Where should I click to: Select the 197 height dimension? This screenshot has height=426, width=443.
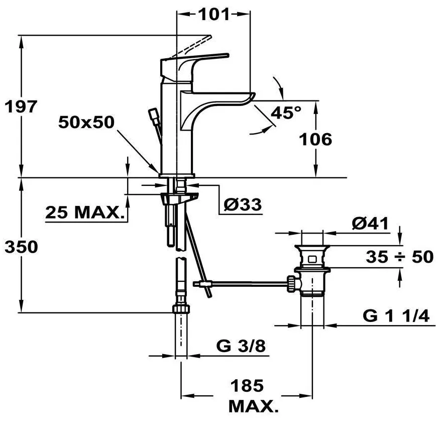pyautogui.click(x=21, y=106)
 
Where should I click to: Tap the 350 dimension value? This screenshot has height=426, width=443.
pyautogui.click(x=22, y=247)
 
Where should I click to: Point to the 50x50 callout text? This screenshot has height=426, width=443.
pyautogui.click(x=86, y=122)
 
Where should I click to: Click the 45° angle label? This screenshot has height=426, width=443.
pyautogui.click(x=286, y=113)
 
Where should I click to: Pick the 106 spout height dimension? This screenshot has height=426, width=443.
pyautogui.click(x=315, y=139)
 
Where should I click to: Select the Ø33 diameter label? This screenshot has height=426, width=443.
pyautogui.click(x=243, y=204)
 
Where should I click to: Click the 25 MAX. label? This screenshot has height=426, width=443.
pyautogui.click(x=85, y=212)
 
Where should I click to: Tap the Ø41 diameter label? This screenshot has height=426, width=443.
pyautogui.click(x=370, y=224)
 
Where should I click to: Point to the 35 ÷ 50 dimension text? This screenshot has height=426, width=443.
pyautogui.click(x=400, y=257)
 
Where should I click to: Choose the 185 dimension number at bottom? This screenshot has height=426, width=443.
pyautogui.click(x=247, y=385)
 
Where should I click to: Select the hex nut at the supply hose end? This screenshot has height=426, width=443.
pyautogui.click(x=181, y=308)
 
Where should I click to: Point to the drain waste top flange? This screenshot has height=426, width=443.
pyautogui.click(x=312, y=247)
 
